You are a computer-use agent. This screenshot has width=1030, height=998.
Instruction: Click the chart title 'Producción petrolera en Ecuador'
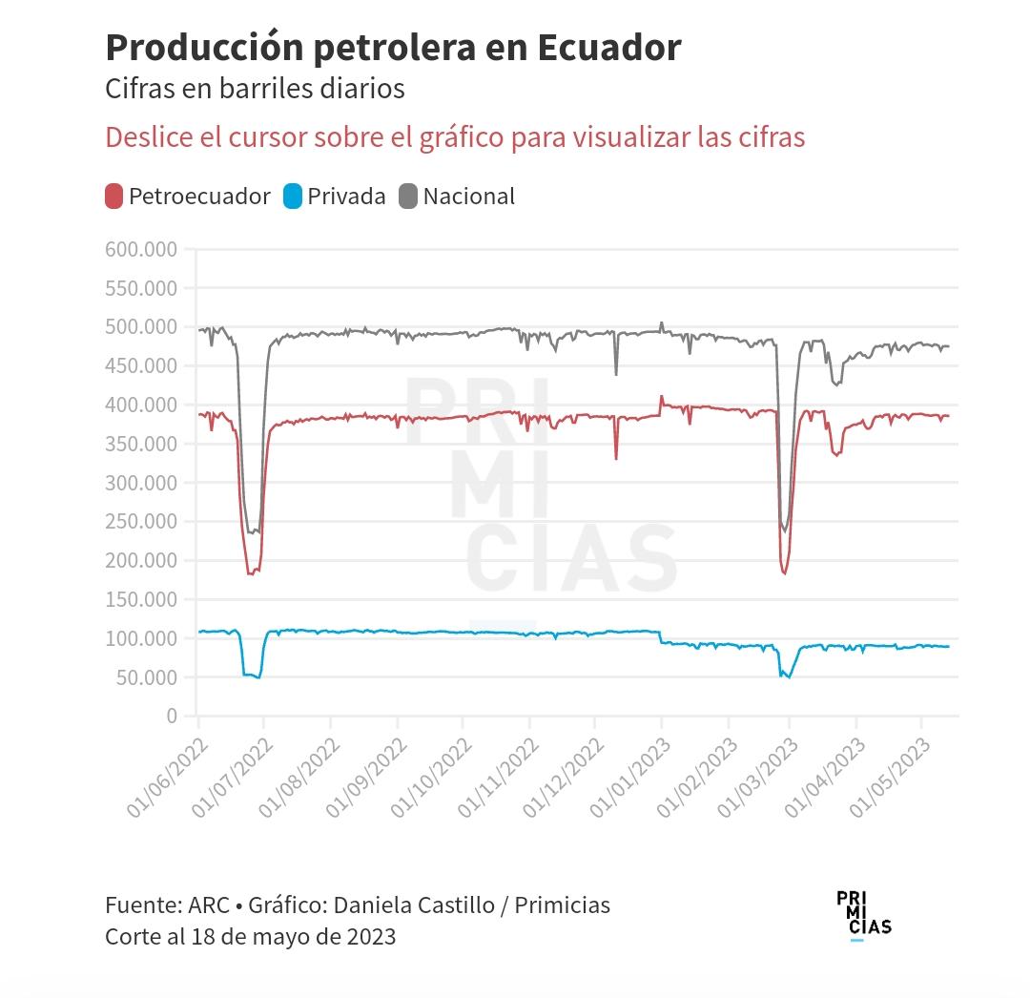(x=393, y=47)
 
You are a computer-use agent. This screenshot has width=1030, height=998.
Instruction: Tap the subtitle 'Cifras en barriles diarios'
(x=255, y=89)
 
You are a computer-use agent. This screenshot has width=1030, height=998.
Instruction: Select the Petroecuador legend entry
(x=188, y=197)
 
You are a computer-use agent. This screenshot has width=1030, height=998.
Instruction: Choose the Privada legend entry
(x=335, y=197)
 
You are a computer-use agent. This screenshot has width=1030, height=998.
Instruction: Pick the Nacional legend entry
(x=458, y=197)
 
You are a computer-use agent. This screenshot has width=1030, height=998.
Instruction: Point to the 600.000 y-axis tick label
(x=141, y=250)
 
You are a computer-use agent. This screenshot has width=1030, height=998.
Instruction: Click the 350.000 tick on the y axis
(x=141, y=444)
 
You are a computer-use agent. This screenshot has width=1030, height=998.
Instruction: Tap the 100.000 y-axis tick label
(x=141, y=638)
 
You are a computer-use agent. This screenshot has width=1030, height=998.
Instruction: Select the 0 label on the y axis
(x=171, y=716)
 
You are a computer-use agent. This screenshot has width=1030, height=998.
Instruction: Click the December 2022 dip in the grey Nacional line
(x=616, y=373)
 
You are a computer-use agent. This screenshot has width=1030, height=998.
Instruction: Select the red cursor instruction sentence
(x=455, y=137)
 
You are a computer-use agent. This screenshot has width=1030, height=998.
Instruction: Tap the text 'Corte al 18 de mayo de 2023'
(x=250, y=936)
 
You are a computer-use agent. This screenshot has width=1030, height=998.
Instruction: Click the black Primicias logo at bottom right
(x=863, y=914)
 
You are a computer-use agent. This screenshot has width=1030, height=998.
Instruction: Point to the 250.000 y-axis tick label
(x=141, y=522)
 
